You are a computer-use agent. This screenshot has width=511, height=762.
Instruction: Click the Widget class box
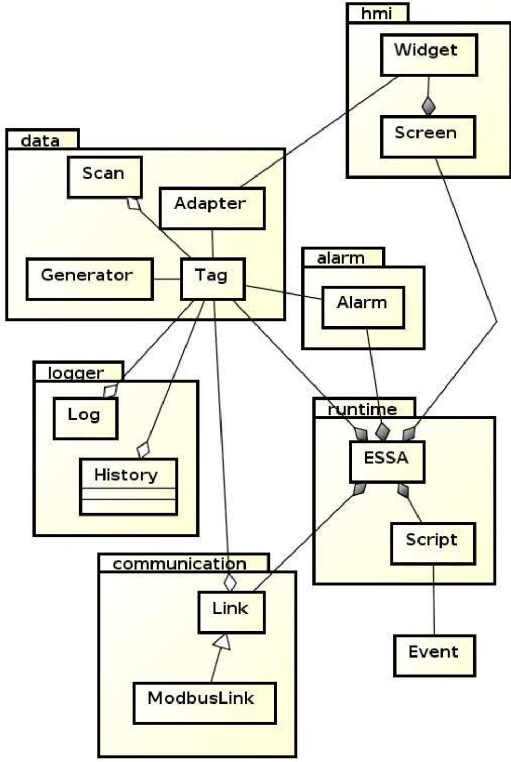pyautogui.click(x=428, y=55)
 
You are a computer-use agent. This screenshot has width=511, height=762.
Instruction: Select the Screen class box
pyautogui.click(x=427, y=137)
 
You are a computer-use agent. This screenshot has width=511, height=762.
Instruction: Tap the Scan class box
pyautogui.click(x=104, y=177)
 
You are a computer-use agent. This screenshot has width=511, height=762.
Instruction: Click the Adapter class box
pyautogui.click(x=212, y=208)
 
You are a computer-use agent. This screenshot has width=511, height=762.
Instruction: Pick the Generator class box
pyautogui.click(x=89, y=279)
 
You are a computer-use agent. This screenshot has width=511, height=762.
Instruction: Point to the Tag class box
pyautogui.click(x=212, y=279)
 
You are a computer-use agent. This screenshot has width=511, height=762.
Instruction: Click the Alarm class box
pyautogui.click(x=363, y=307)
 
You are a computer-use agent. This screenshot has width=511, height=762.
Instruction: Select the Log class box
pyautogui.click(x=85, y=418)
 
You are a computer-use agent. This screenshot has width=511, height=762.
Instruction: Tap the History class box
pyautogui.click(x=128, y=486)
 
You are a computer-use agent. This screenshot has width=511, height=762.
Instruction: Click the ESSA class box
pyautogui.click(x=386, y=461)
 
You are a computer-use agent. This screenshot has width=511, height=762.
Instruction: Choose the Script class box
pyautogui.click(x=433, y=543)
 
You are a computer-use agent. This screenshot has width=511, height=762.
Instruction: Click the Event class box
pyautogui.click(x=434, y=655)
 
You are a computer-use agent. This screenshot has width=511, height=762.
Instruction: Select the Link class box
pyautogui.click(x=230, y=612)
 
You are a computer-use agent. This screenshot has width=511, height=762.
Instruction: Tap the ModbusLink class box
pyautogui.click(x=204, y=702)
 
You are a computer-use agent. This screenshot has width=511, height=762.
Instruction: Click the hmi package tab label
pyautogui.click(x=377, y=13)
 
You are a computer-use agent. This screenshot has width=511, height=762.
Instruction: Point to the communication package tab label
pyautogui.click(x=180, y=564)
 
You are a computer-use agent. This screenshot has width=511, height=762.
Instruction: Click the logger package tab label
pyautogui.click(x=76, y=372)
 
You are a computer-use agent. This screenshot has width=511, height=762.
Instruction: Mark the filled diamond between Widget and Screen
pyautogui.click(x=429, y=106)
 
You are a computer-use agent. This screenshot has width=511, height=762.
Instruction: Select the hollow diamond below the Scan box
pyautogui.click(x=135, y=204)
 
